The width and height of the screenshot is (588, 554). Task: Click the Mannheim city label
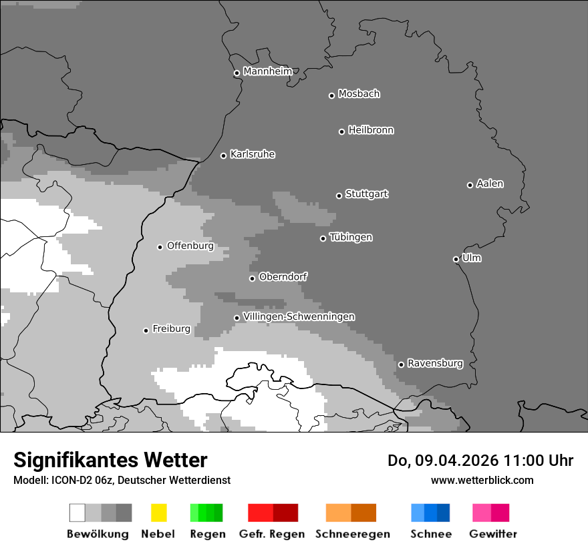click(268, 71)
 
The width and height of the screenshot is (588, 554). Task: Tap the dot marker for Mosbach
click(331, 95)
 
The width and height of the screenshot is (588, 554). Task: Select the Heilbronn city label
click(371, 130)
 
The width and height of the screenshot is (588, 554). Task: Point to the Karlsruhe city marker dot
click(224, 156)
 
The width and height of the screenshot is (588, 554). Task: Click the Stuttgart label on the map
click(367, 194)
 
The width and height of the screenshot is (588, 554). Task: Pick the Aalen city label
click(490, 184)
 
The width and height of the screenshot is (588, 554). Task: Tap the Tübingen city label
click(351, 238)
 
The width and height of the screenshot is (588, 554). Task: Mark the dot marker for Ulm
click(456, 259)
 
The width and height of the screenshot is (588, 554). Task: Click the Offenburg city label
click(190, 246)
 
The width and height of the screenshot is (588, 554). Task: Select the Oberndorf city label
click(283, 276)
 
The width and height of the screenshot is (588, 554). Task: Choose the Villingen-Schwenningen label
click(299, 316)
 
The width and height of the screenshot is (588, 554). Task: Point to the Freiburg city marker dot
click(146, 330)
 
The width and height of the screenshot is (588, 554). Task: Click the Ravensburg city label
click(435, 363)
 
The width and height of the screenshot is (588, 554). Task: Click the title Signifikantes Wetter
click(110, 461)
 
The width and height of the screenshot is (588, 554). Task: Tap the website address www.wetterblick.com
click(482, 480)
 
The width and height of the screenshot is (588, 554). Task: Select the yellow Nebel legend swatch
click(158, 513)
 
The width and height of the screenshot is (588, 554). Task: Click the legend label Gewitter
click(493, 534)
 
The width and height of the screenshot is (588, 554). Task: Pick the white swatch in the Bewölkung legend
click(77, 513)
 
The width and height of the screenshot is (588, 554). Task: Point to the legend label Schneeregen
click(353, 534)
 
